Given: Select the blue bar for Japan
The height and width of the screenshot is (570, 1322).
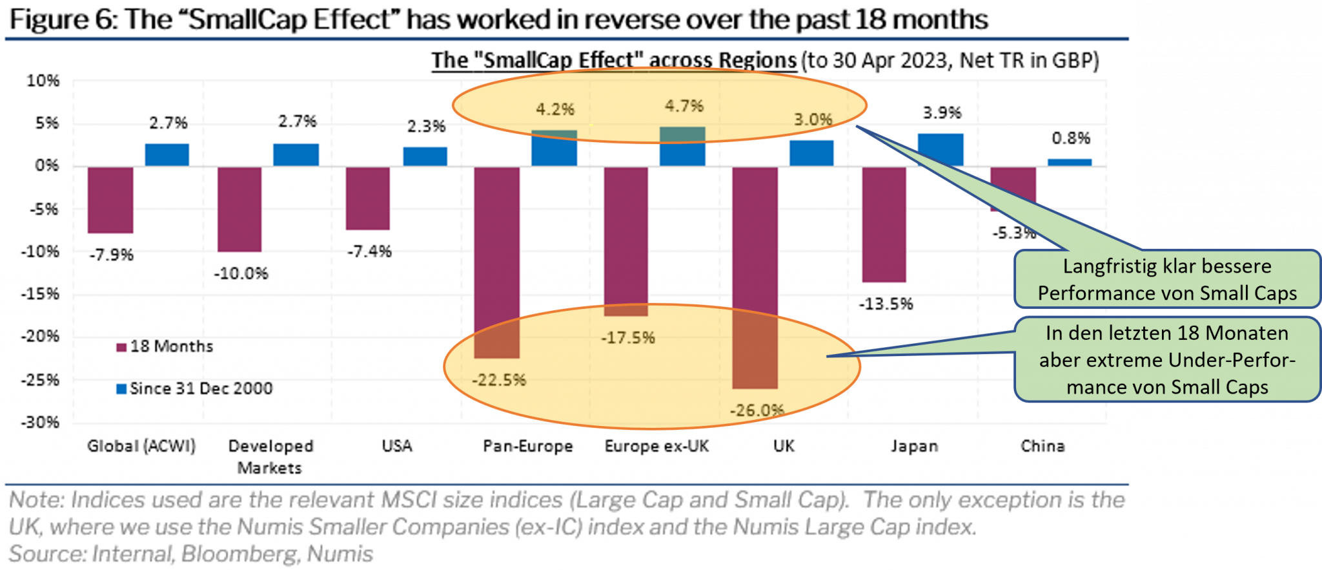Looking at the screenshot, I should (x=940, y=150).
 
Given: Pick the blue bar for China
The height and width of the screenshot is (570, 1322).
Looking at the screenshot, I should (x=1069, y=162).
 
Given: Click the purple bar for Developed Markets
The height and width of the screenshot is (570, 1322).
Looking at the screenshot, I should (x=239, y=208).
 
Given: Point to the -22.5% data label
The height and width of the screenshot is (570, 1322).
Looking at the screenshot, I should (x=498, y=380).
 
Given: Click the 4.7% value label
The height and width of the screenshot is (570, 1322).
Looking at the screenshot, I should (x=684, y=106).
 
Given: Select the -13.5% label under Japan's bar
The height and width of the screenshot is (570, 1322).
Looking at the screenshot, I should (x=885, y=304).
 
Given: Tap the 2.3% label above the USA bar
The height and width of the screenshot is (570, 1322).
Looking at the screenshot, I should (x=426, y=126).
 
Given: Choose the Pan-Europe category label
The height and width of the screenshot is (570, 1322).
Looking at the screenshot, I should (x=527, y=446).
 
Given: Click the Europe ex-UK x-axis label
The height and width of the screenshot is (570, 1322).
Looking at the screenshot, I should (x=656, y=446).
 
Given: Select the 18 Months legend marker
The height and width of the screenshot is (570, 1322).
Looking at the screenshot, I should (x=121, y=348).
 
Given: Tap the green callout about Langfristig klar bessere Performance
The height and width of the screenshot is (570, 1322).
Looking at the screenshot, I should (x=1166, y=279).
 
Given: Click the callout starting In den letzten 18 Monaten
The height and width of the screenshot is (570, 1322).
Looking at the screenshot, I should (x=1166, y=359).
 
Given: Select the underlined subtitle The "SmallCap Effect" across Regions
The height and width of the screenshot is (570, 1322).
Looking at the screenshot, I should (x=613, y=60).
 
